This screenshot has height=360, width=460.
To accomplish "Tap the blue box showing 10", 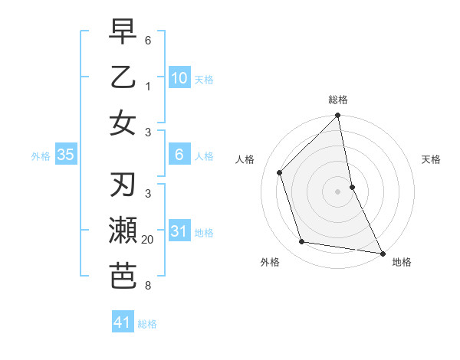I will (179, 77).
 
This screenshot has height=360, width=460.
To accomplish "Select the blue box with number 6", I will (179, 155).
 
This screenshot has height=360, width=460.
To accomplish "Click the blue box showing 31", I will (179, 231).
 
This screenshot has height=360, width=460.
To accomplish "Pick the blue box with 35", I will (66, 155).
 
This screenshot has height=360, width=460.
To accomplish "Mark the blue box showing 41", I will (123, 323).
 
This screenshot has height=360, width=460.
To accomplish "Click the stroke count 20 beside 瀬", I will (148, 241).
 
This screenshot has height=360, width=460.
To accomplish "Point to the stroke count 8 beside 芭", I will (148, 286).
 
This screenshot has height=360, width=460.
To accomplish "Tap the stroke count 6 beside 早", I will (148, 39).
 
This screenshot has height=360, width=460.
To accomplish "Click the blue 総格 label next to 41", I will (147, 324).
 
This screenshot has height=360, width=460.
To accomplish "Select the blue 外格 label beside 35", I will (40, 156).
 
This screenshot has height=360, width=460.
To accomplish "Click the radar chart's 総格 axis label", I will (338, 100).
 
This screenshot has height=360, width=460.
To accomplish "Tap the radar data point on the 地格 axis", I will (382, 253).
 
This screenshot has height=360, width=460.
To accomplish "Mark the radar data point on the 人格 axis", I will (280, 172).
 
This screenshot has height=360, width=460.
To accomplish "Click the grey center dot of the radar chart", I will (338, 191).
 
